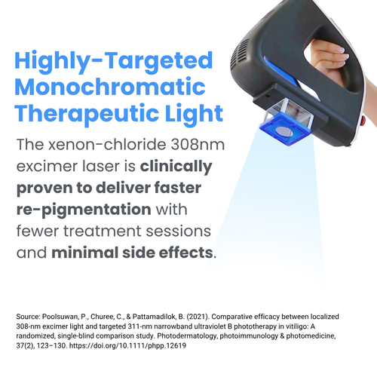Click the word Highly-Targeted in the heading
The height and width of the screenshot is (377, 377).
[114, 61]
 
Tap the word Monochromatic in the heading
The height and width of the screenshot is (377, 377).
[110, 87]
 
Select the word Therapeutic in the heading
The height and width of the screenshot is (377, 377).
[87, 114]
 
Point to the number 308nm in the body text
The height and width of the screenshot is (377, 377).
[198, 145]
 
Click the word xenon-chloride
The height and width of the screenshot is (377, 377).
[107, 145]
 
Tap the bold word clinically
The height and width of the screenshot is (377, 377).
[176, 167]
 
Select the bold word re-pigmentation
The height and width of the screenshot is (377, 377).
[84, 210]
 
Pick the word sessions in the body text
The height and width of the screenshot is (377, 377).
[178, 231]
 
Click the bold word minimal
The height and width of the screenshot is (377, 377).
[84, 253]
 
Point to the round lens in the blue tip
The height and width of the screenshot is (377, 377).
[284, 131]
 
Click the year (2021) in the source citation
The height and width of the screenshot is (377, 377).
[198, 317]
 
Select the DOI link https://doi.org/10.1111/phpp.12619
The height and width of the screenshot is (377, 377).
[127, 346]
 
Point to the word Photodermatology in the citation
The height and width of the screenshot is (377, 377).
[187, 336]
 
